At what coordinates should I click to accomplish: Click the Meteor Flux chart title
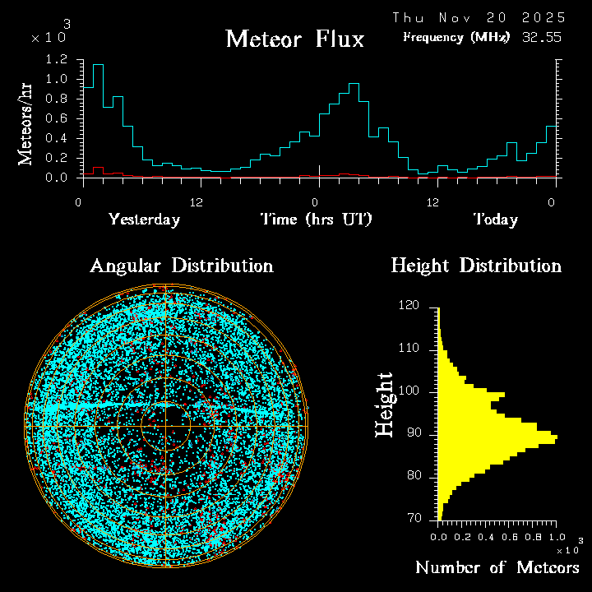(294, 39)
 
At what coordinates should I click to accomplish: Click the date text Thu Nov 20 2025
(479, 17)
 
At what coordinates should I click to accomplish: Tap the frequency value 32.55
(543, 37)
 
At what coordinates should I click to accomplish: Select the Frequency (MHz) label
(456, 38)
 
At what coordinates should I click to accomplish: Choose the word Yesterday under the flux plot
(144, 220)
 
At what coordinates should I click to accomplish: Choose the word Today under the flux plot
(495, 220)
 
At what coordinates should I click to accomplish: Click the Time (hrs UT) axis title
(317, 220)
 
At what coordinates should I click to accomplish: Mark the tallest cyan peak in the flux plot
(98, 64)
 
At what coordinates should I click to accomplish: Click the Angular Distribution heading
(181, 266)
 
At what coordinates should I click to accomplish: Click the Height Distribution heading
(475, 266)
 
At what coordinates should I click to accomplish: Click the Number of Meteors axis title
(497, 568)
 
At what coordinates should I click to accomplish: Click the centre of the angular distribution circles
(166, 426)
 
